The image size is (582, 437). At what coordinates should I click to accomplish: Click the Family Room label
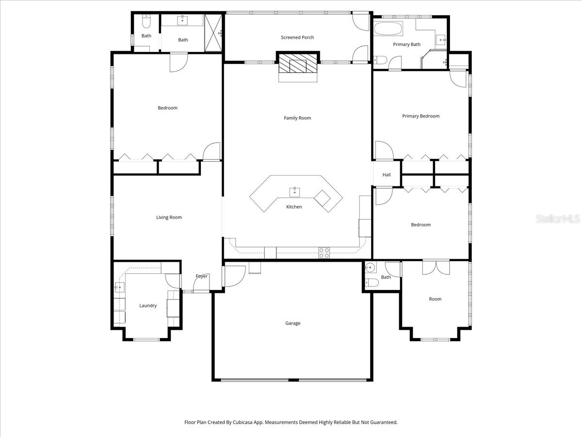click(x=297, y=118)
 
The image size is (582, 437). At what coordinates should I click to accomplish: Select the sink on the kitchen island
click(x=294, y=192)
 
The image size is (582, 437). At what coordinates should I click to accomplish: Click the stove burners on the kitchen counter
click(x=324, y=252)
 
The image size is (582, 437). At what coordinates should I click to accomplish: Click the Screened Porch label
click(x=297, y=37)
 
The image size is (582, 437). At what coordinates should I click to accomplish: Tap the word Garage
click(x=292, y=323)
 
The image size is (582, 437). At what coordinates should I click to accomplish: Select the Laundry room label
click(x=148, y=306)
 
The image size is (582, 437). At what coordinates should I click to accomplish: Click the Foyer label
click(x=202, y=276)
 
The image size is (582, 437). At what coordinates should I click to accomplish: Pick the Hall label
click(x=387, y=175)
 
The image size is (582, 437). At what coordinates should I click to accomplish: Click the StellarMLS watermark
click(x=557, y=219)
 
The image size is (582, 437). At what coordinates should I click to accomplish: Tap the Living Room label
click(x=169, y=218)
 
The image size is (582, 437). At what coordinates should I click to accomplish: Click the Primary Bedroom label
click(x=420, y=116)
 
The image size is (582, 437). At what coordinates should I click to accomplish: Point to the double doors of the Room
click(x=436, y=268)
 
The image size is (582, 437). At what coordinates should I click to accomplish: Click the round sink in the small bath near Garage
click(x=371, y=267)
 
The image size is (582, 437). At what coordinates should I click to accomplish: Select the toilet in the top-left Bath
click(x=146, y=22)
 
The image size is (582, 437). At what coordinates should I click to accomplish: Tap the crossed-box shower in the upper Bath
click(x=213, y=33)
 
